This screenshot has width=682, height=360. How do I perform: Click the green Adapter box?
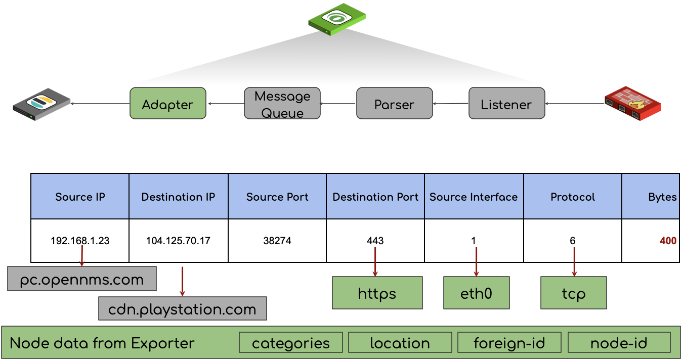pos(168,104)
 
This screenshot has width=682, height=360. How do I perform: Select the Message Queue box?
pos(282,104)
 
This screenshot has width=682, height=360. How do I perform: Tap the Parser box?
pos(395,104)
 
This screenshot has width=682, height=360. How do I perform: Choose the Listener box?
pos(506,104)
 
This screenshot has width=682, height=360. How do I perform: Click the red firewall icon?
pos(633,104)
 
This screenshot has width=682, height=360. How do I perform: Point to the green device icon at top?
pos(337,19)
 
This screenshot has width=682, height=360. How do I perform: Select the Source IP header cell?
pos(80,197)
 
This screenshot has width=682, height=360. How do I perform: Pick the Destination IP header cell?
pos(179,197)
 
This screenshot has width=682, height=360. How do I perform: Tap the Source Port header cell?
pos(277,197)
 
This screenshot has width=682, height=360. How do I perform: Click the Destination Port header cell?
pos(375,197)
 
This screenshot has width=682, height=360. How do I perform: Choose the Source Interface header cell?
pos(474,197)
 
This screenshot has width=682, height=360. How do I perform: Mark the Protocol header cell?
pos(573,197)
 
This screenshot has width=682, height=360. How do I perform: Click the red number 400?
pos(668,241)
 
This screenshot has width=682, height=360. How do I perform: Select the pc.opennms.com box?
pos(82,279)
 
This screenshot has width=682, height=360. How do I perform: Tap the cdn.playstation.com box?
pos(182,308)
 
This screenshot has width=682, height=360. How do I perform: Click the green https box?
pos(377,293)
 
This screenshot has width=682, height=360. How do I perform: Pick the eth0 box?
pos(476,293)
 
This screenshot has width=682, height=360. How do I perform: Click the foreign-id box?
pos(509,343)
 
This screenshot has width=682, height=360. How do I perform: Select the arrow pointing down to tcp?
pos(574,261)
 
